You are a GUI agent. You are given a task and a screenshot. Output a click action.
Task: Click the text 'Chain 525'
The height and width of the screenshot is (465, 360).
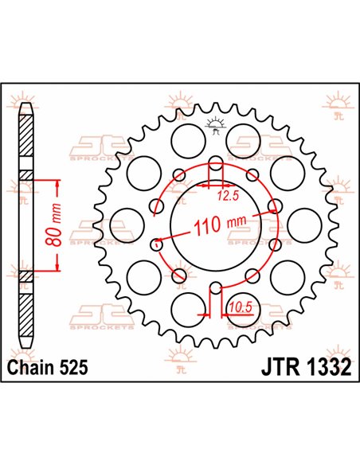click(47, 369)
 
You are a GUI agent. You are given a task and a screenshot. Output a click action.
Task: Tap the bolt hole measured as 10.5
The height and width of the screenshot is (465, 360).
click(213, 290)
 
